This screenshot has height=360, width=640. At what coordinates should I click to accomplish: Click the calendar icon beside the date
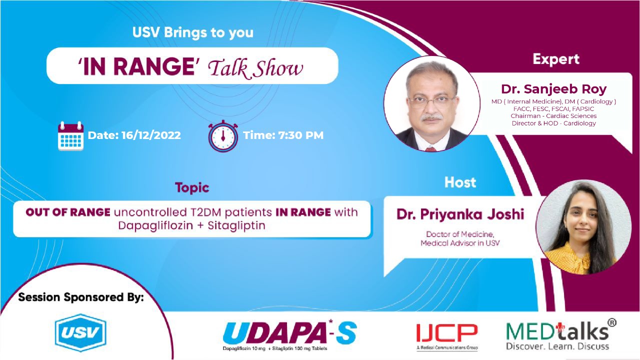[70, 135]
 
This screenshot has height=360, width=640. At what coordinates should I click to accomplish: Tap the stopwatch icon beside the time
[223, 135]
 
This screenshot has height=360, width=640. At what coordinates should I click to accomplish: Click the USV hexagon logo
[80, 333]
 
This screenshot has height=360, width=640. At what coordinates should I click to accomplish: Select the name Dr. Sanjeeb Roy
[553, 89]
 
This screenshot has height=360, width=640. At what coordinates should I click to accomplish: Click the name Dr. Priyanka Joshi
[460, 214]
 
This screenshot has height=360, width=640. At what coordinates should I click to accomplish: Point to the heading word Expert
[555, 59]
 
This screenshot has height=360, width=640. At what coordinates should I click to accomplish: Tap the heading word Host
[460, 182]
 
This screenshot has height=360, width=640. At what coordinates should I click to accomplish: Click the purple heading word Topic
[192, 188]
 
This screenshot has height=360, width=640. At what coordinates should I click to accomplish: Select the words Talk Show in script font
[255, 68]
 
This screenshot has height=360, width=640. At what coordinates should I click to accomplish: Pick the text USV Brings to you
[193, 33]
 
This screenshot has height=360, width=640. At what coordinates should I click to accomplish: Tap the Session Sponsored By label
[81, 297]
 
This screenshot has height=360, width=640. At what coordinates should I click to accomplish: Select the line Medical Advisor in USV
[460, 243]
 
